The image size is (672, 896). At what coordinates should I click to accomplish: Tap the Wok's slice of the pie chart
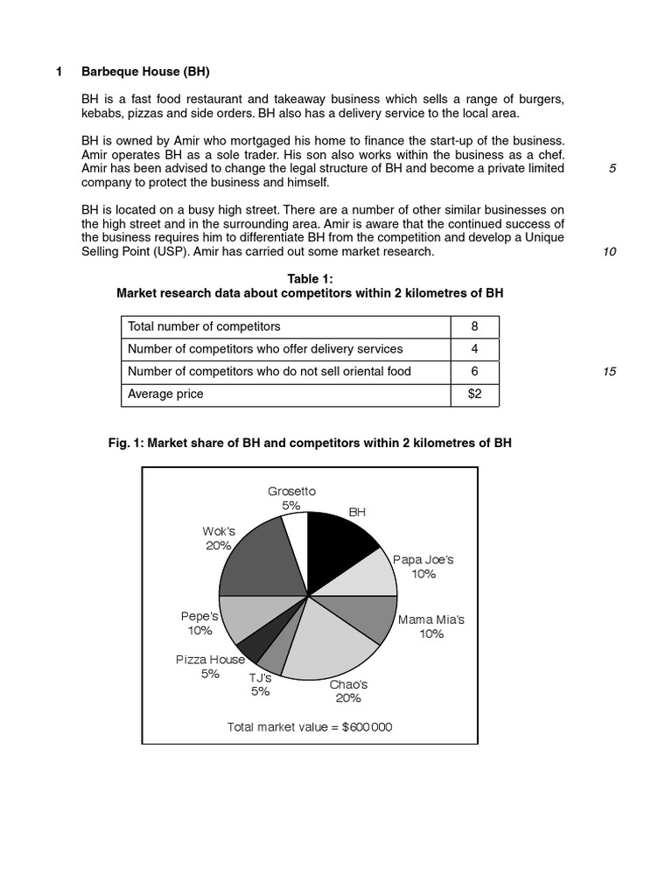pos(259,560)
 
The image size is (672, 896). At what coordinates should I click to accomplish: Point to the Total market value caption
pos(310,726)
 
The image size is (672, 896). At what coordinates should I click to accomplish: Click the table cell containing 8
pos(474,326)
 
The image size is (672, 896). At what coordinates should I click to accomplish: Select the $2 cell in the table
pos(474,395)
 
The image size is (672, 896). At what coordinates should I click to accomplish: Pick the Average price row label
pos(165,395)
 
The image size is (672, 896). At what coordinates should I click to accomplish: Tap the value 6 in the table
pos(474,372)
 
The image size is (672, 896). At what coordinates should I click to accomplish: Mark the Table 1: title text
pos(310,278)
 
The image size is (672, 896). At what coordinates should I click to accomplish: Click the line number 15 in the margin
pos(610,372)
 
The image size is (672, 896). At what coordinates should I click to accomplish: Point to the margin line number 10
pos(610,252)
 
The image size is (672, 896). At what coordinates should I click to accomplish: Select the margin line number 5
pos(612,168)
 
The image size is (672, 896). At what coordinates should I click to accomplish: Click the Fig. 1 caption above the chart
pos(310,443)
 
